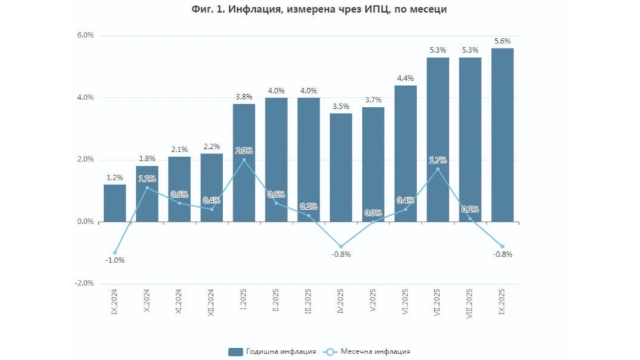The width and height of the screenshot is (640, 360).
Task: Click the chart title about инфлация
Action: click(319, 10)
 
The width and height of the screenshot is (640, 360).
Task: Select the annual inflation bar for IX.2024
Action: click(115, 203)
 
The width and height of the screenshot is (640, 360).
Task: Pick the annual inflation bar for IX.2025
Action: click(502, 134)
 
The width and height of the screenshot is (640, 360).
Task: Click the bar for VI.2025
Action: click(406, 154)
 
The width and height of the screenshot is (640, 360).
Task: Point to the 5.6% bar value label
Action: click(502, 41)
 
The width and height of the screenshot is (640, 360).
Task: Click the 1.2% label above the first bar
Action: click(115, 177)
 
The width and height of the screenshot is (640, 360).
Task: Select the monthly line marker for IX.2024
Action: click(115, 252)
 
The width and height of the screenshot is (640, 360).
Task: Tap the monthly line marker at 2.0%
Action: click(244, 160)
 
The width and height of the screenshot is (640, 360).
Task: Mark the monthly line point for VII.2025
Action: click(438, 169)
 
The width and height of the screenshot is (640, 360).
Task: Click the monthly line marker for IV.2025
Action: click(341, 246)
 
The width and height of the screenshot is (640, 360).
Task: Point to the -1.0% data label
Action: click(115, 260)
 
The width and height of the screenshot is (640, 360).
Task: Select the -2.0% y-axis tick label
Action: click(83, 283)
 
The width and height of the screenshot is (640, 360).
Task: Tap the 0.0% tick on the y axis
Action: click(84, 222)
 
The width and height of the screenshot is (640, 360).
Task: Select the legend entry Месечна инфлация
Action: click(367, 351)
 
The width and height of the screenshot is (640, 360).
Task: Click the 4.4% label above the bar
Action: click(406, 78)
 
